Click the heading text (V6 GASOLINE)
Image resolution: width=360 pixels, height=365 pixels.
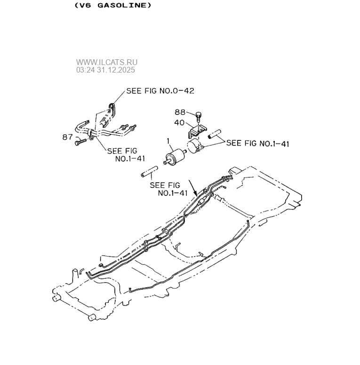click(112, 6)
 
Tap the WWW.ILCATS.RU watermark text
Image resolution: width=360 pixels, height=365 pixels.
click(107, 62)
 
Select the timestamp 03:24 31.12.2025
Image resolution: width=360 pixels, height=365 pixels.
click(105, 70)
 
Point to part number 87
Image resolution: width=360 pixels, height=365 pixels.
click(68, 137)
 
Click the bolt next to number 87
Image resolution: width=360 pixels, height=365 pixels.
click(81, 140)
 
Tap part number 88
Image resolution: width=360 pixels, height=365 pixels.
click(180, 112)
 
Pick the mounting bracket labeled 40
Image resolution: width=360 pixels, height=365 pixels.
click(198, 132)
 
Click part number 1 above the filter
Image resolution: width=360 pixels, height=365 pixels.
click(168, 140)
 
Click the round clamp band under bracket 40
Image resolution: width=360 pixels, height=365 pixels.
click(195, 146)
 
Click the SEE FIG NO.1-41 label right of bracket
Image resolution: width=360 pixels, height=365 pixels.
click(257, 144)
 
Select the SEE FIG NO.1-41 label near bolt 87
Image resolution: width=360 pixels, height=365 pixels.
click(122, 154)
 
